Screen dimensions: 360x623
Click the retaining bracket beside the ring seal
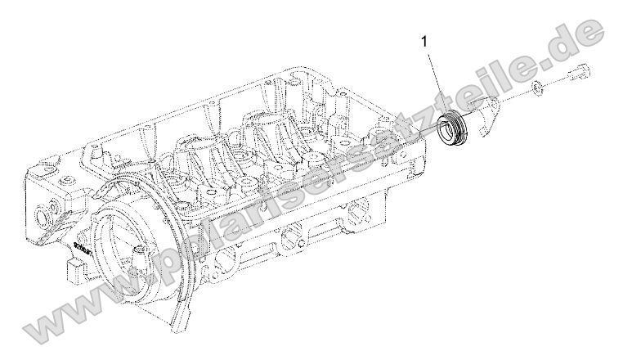point(491,115)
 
